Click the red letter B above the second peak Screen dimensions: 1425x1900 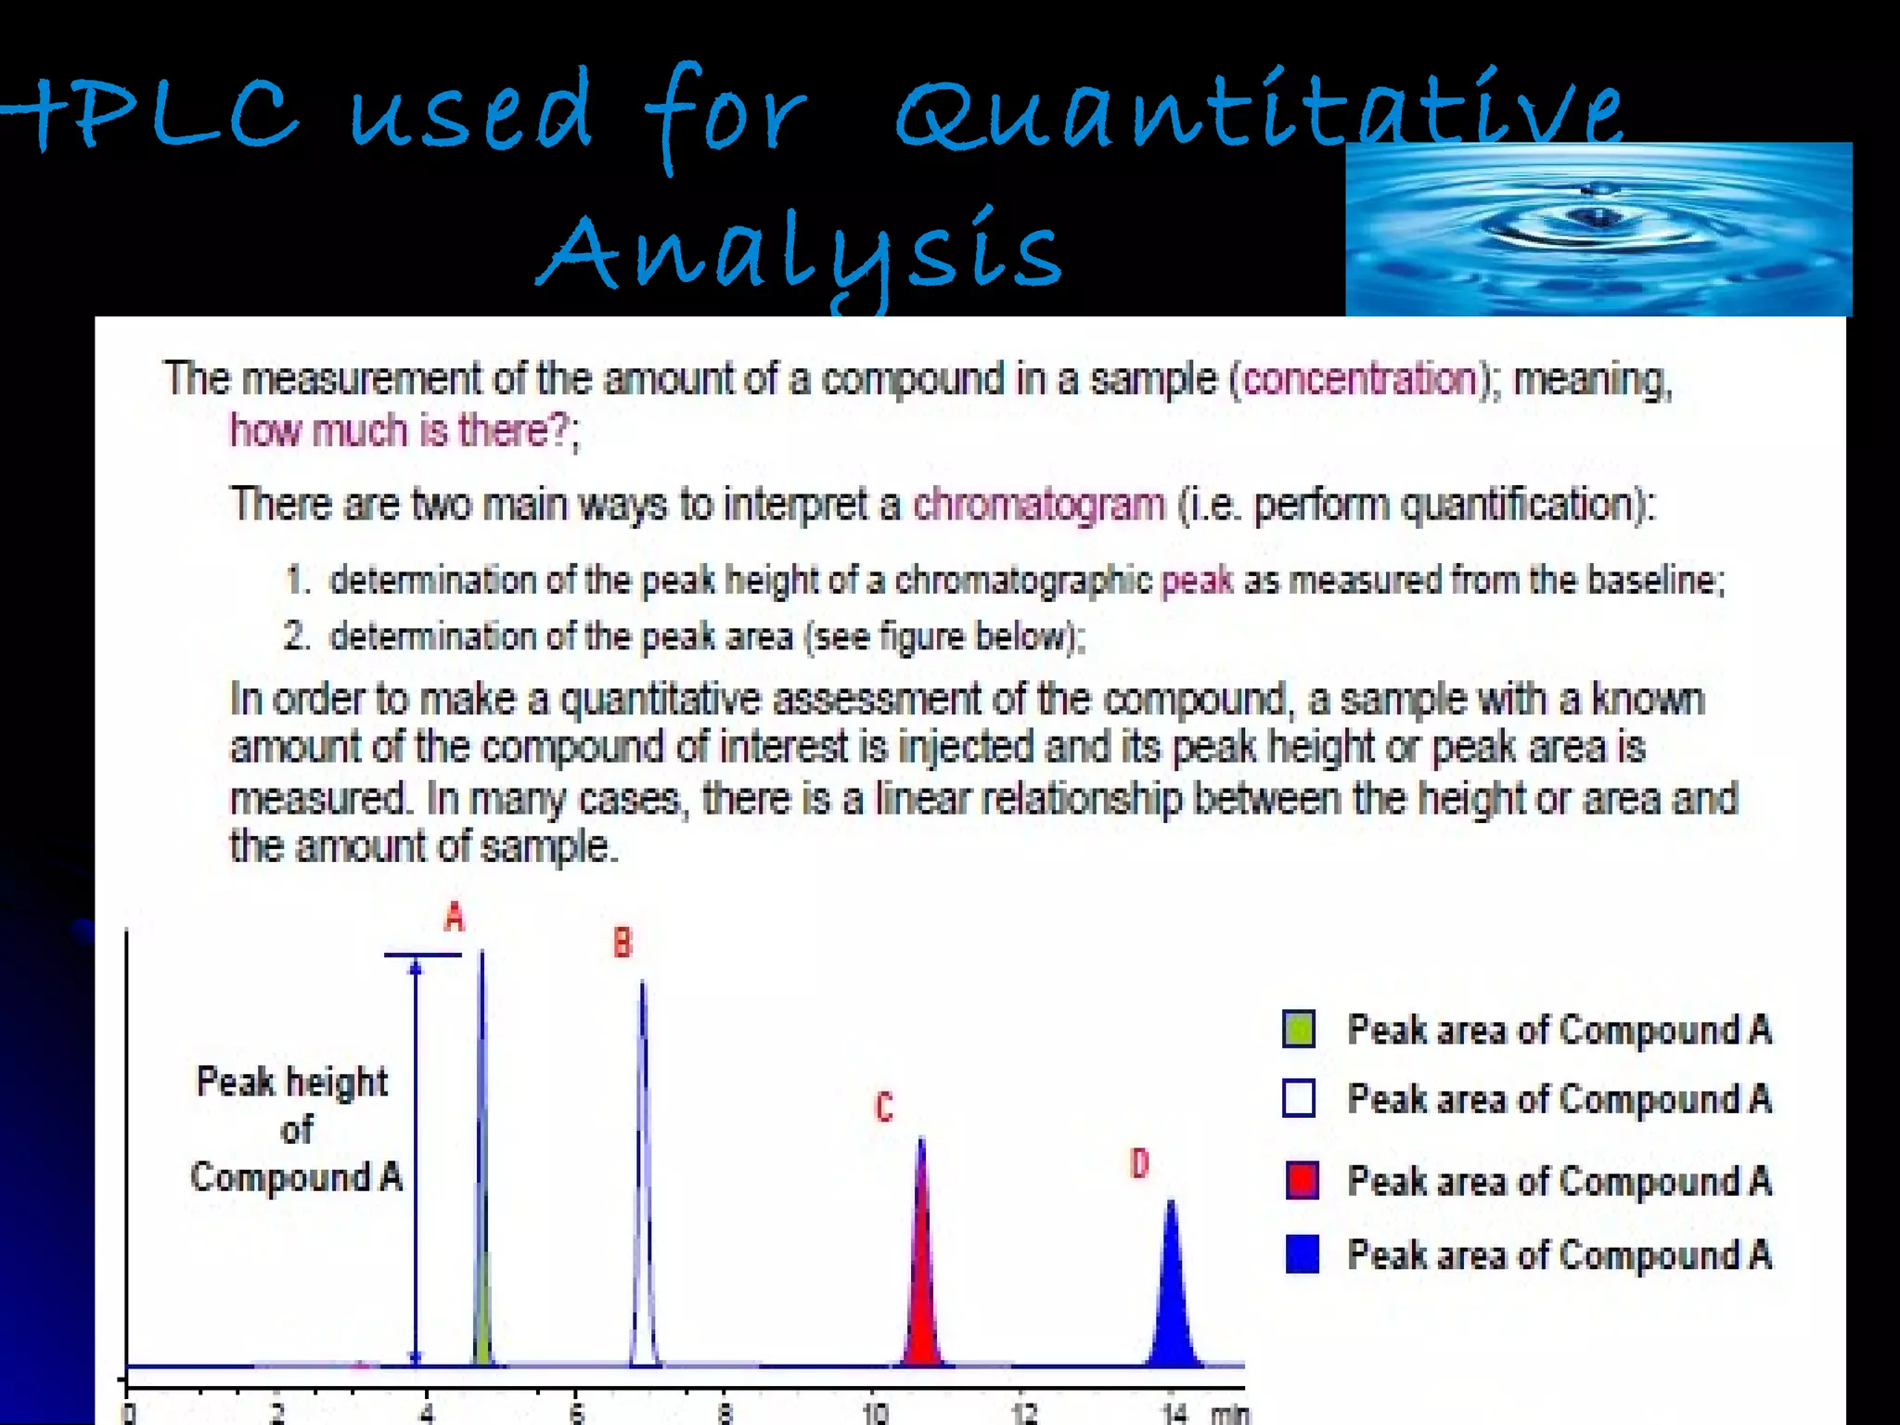click(623, 943)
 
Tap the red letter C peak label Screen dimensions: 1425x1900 click(884, 1107)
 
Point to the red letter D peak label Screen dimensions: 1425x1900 click(1139, 1163)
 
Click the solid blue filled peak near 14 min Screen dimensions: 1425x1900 click(1173, 1308)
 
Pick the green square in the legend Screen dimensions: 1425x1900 click(1299, 1029)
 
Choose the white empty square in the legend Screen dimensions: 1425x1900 click(1299, 1098)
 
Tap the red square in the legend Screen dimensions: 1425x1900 click(1302, 1180)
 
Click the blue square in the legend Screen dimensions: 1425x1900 click(1302, 1254)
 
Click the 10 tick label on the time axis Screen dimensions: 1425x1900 click(875, 1413)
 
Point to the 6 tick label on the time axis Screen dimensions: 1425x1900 click(576, 1413)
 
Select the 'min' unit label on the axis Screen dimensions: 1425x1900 click(1230, 1413)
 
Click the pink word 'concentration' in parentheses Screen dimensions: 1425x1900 click(1359, 379)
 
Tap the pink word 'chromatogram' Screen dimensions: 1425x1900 click(1039, 506)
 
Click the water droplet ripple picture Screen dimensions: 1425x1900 click(1598, 229)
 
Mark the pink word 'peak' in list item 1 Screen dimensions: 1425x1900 click(1197, 581)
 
